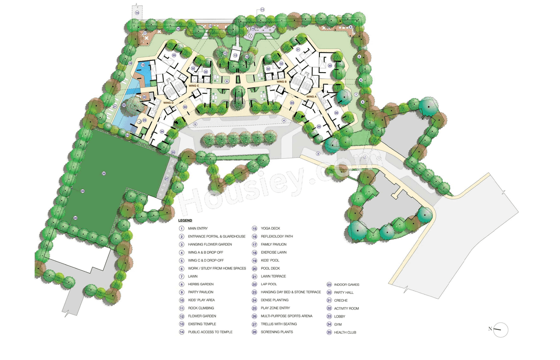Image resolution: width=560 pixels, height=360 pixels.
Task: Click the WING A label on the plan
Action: tap(311, 96)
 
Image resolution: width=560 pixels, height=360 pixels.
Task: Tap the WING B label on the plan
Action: tap(281, 82)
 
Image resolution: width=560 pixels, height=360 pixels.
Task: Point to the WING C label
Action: tap(193, 86)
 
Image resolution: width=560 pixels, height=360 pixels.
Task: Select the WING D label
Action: tap(168, 103)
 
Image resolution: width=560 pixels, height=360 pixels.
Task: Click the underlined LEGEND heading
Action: tap(185, 220)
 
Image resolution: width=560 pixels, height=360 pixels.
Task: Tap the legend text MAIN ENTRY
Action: tap(198, 228)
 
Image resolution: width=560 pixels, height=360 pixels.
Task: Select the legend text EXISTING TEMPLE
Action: tap(202, 324)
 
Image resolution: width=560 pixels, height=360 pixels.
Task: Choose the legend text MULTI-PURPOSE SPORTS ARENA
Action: tap(286, 316)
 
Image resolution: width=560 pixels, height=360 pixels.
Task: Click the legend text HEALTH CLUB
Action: tap(345, 332)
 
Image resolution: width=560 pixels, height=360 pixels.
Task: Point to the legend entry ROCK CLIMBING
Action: tap(201, 308)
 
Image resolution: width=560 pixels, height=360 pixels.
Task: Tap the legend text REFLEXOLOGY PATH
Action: tap(276, 236)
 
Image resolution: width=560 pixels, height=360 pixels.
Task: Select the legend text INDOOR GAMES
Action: tap(346, 285)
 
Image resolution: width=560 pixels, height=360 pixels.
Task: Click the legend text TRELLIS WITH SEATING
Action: tap(279, 324)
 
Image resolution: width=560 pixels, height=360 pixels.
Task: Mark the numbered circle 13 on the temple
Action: tap(235, 56)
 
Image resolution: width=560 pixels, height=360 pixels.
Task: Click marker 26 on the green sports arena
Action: tap(104, 174)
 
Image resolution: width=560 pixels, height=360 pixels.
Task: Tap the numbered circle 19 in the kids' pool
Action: tap(143, 65)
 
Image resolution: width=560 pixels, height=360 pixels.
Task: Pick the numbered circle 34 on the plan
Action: tap(161, 131)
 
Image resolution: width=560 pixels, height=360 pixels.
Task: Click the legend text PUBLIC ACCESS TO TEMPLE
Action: tap(210, 332)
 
